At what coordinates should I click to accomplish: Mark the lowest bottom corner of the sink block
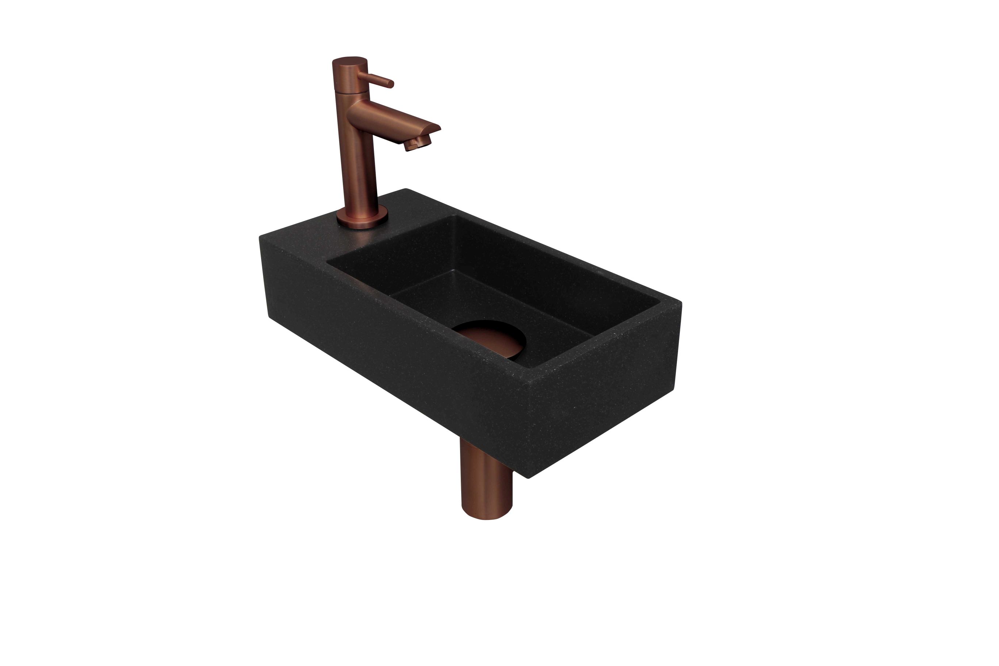point(528,478)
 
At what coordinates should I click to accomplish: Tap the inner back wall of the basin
point(552,272)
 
